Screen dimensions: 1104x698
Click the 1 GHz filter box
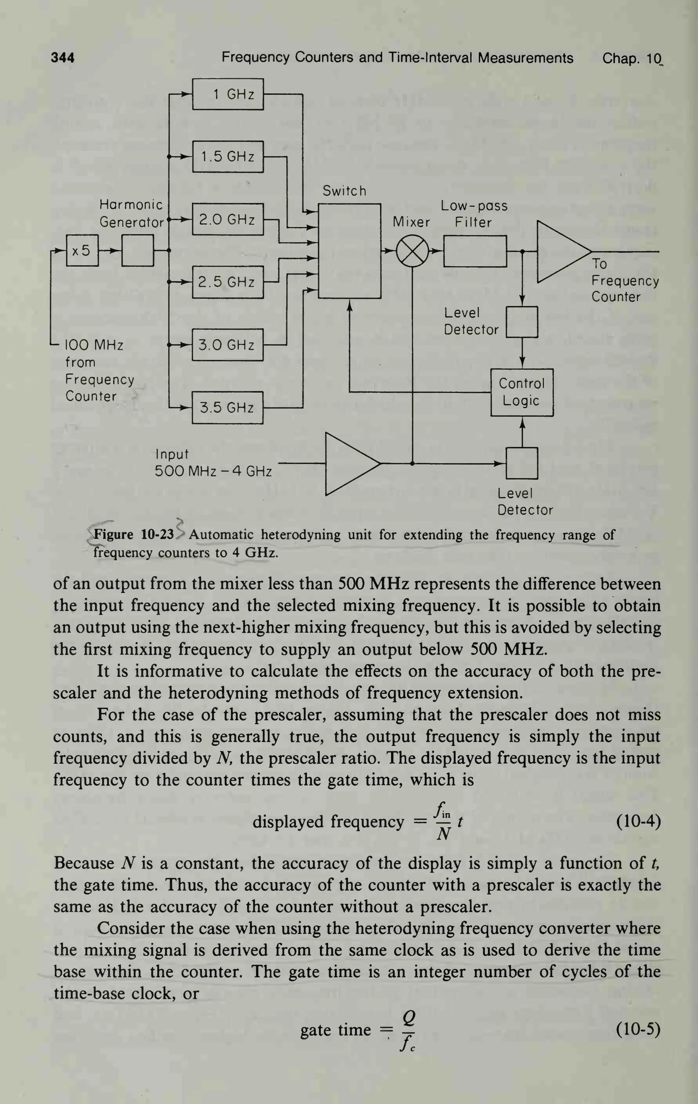coord(228,94)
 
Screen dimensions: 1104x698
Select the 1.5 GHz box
coord(228,156)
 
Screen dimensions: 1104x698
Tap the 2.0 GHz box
coord(228,219)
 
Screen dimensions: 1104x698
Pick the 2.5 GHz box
coord(228,282)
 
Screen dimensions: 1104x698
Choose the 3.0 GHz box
coord(228,344)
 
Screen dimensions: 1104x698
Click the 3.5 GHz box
coord(228,407)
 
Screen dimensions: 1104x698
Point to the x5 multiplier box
coord(82,250)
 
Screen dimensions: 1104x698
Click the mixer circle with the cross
coord(412,251)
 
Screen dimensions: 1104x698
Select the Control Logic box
coord(521,392)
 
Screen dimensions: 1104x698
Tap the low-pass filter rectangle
coord(475,251)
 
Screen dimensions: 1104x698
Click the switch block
coord(350,251)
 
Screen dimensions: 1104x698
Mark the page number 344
coord(62,58)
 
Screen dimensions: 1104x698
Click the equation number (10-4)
coord(638,821)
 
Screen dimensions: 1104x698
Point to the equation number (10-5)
coord(638,1029)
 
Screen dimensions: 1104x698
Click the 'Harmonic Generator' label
coord(132,213)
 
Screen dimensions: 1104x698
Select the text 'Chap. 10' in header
coord(632,58)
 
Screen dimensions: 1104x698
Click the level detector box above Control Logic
coord(521,322)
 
